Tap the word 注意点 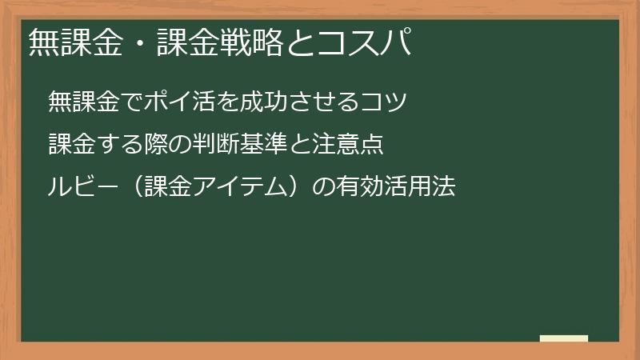[353, 145]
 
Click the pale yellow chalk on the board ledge [563, 338]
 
